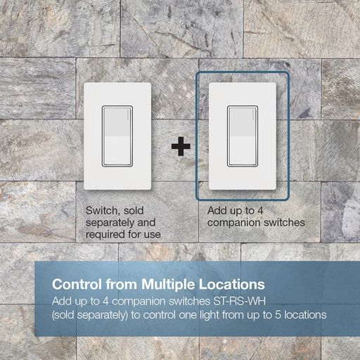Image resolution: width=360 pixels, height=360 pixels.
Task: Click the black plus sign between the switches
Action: (181, 146)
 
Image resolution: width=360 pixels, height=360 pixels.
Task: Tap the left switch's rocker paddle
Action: (117, 136)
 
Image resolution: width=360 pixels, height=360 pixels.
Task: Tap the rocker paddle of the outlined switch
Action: (243, 136)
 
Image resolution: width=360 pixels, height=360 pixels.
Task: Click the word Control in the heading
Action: (77, 284)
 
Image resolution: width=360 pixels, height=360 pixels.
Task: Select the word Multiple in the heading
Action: (168, 285)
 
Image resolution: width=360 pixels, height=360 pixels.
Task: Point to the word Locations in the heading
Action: (232, 284)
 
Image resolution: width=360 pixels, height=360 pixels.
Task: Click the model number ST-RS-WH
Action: (239, 301)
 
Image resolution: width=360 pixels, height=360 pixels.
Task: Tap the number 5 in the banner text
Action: (278, 315)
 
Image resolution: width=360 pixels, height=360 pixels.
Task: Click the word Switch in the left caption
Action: (101, 211)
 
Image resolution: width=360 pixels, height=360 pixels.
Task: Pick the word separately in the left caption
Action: (110, 223)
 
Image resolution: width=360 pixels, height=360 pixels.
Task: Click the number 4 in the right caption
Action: (260, 210)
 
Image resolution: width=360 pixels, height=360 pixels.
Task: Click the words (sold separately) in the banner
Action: (90, 315)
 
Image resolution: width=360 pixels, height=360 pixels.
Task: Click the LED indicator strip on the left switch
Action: (128, 115)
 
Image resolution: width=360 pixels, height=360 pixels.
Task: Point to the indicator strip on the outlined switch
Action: (253, 115)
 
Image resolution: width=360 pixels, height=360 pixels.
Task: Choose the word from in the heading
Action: (122, 284)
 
